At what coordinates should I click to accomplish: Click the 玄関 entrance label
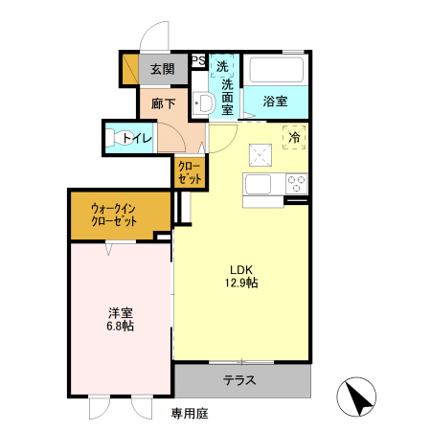pyautogui.click(x=162, y=69)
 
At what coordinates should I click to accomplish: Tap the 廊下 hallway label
pyautogui.click(x=163, y=103)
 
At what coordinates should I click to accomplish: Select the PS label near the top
pyautogui.click(x=199, y=61)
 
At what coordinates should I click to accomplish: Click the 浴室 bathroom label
pyautogui.click(x=276, y=99)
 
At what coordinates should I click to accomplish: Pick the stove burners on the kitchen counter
pyautogui.click(x=293, y=183)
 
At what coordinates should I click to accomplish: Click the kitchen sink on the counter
pyautogui.click(x=260, y=183)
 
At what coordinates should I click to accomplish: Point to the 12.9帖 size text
pyautogui.click(x=241, y=284)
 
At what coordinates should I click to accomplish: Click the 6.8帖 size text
pyautogui.click(x=120, y=327)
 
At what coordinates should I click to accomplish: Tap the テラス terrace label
pyautogui.click(x=240, y=380)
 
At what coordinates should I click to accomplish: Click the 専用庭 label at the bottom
pyautogui.click(x=190, y=414)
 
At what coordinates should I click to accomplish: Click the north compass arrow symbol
pyautogui.click(x=355, y=398)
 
